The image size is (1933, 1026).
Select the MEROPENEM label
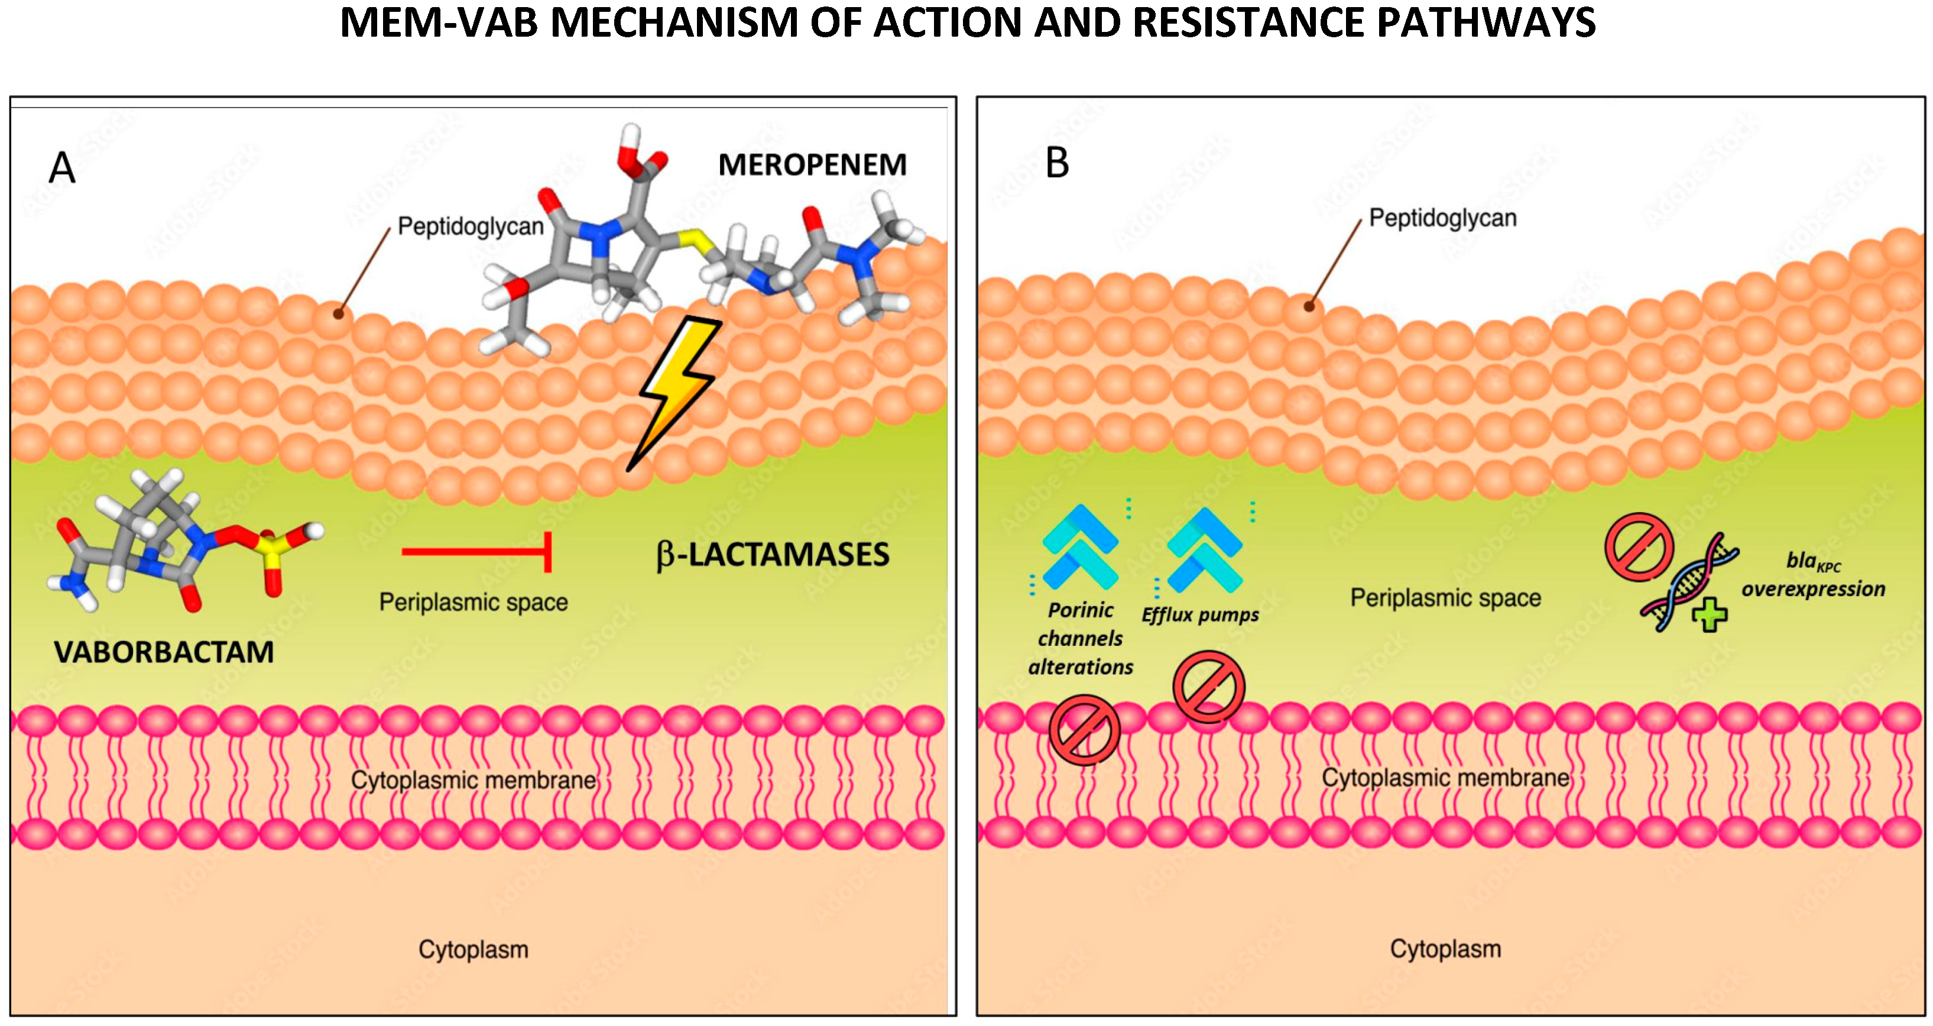[x=812, y=165]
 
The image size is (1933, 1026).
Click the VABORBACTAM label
[x=164, y=652]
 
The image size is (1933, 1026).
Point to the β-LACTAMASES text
[x=773, y=555]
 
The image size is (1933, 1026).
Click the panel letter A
[x=61, y=167]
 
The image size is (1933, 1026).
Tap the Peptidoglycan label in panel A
[x=471, y=226]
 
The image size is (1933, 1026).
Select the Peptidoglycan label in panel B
[x=1442, y=218]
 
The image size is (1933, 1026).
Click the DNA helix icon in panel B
[x=1688, y=582]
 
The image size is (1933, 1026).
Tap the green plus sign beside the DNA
[x=1710, y=616]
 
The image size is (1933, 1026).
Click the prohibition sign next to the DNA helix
[x=1639, y=546]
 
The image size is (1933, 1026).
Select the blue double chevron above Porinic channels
[x=1081, y=546]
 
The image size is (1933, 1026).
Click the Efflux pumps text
[x=1200, y=616]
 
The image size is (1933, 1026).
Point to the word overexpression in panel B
[x=1813, y=589]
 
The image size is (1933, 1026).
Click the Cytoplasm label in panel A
[x=473, y=950]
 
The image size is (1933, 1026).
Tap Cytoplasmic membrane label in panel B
[x=1445, y=778]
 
